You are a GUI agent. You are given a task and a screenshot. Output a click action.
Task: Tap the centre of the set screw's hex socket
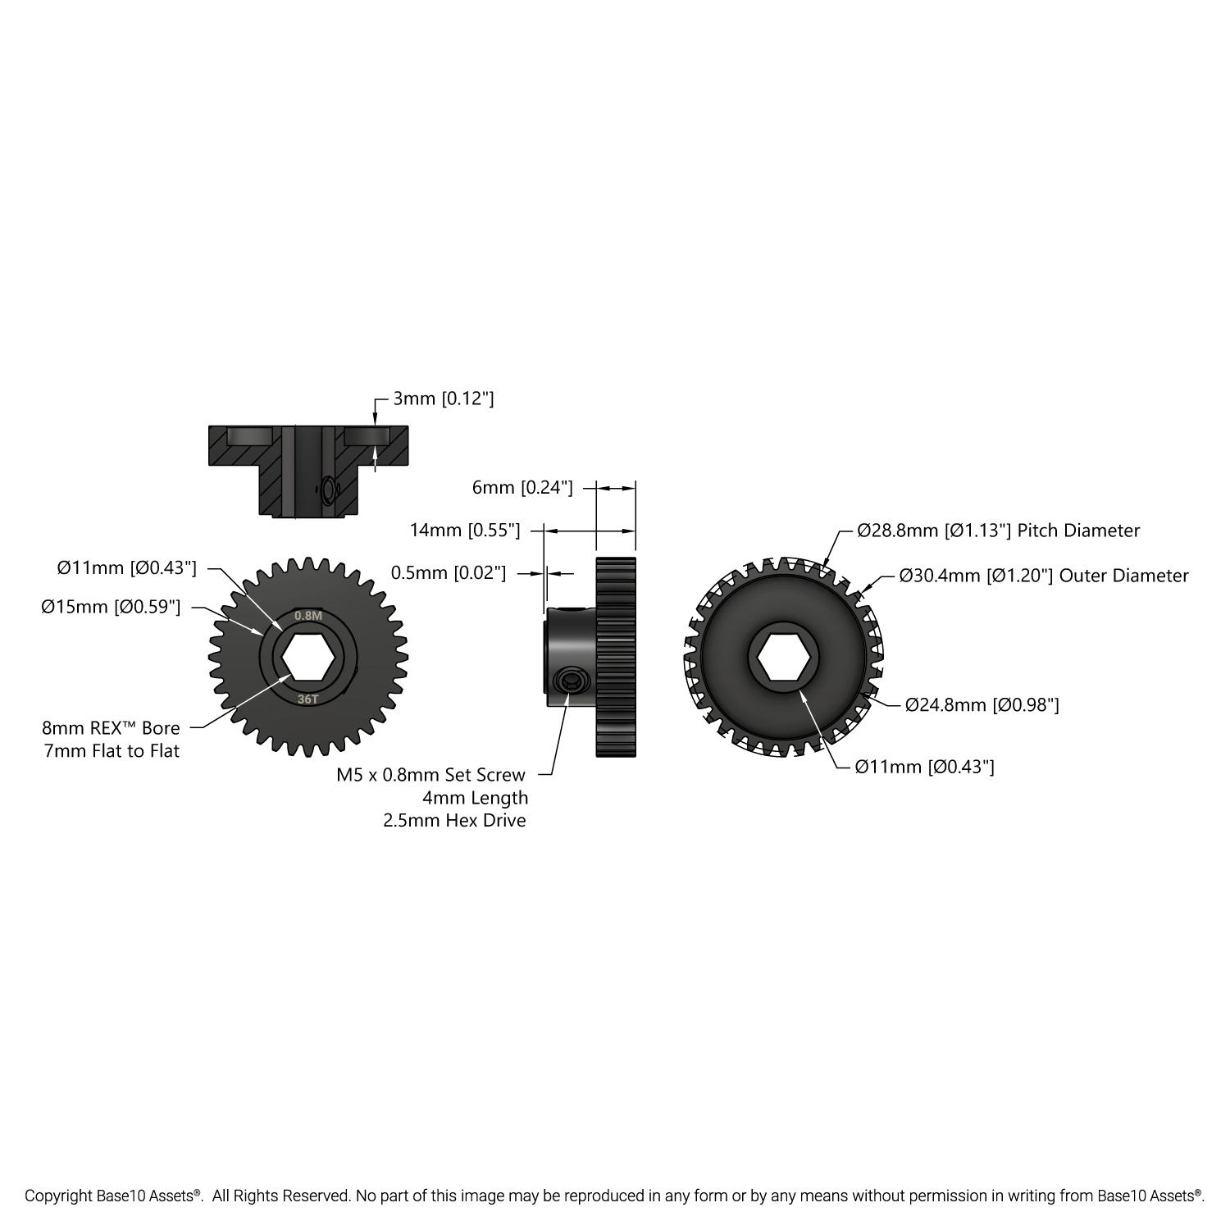pyautogui.click(x=571, y=680)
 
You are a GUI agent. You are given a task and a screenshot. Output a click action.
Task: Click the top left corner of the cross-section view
pyautogui.click(x=209, y=426)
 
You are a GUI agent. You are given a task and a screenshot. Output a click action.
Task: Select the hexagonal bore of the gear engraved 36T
pyautogui.click(x=307, y=656)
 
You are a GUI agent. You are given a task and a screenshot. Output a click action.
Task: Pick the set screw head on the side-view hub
pyautogui.click(x=571, y=680)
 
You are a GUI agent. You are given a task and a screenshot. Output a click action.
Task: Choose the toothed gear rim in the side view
pyautogui.click(x=616, y=656)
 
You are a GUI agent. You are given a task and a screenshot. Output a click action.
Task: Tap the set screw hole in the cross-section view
pyautogui.click(x=329, y=489)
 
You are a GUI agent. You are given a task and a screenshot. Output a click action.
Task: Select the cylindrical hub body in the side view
pyautogui.click(x=571, y=656)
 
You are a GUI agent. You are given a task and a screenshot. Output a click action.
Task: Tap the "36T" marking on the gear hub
pyautogui.click(x=307, y=699)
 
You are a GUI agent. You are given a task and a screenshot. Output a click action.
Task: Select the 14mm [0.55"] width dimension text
pyautogui.click(x=465, y=530)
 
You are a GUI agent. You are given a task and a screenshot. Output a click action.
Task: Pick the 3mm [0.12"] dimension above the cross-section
pyautogui.click(x=444, y=399)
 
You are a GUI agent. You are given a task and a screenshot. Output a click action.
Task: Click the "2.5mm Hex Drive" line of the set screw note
pyautogui.click(x=454, y=820)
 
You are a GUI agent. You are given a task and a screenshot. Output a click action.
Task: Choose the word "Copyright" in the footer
pyautogui.click(x=59, y=1196)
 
